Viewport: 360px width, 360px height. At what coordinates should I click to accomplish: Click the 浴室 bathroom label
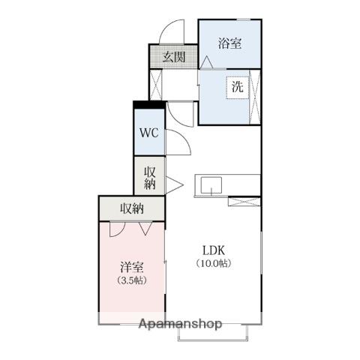pos(229,43)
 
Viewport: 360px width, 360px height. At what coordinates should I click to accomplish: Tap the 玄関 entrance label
pos(174,57)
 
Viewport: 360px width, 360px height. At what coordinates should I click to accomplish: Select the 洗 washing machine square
pos(238,87)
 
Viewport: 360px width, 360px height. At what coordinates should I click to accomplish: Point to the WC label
pos(149,133)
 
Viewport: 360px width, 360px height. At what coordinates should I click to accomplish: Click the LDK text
pos(214,250)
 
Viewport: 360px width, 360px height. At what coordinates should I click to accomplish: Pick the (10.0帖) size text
pos(214,263)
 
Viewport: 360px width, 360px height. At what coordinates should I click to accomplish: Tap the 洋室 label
pos(132,267)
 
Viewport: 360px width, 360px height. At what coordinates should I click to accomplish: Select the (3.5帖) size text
pos(132,280)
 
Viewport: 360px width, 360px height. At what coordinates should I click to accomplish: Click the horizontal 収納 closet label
pos(132,208)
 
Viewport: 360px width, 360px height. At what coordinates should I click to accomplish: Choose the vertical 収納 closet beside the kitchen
pos(150,178)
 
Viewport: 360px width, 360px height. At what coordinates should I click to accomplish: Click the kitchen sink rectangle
pos(211,185)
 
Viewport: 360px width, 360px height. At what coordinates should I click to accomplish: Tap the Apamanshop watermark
pos(180,324)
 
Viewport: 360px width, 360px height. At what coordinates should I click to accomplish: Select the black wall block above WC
pos(149,104)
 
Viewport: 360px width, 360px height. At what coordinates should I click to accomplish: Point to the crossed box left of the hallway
pos(156,85)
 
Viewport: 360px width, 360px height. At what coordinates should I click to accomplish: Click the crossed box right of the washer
pos(255,97)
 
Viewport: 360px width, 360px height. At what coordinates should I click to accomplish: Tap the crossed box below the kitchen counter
pos(244,202)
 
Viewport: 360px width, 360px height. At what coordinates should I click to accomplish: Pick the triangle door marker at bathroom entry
pos(207,62)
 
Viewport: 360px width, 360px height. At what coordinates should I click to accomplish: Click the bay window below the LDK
pos(213,332)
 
